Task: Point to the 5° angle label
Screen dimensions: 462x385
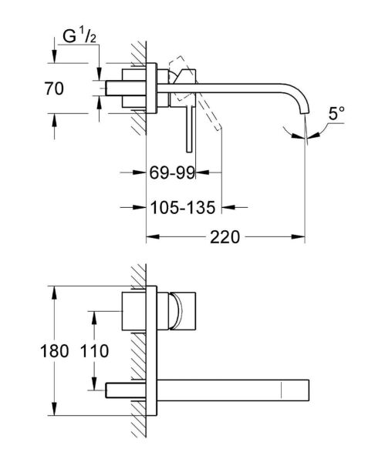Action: coord(336,115)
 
